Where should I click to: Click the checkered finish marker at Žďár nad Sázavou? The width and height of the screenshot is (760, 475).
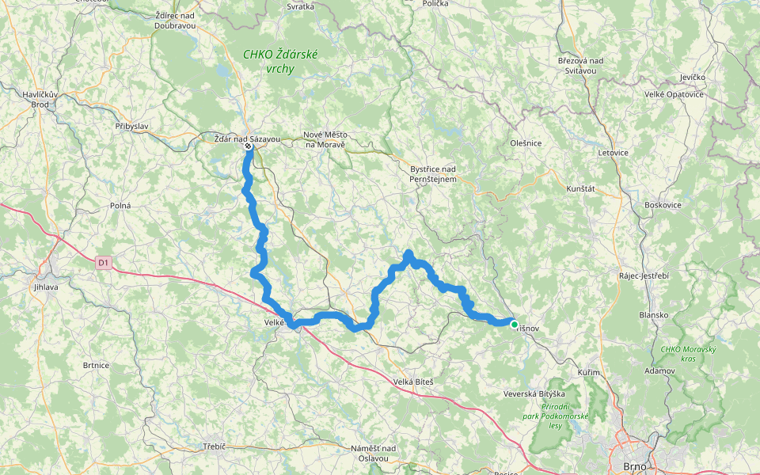(x=249, y=146)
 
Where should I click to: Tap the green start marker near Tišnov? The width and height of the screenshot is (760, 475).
(x=515, y=324)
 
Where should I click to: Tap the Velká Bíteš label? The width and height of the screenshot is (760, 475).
(x=414, y=382)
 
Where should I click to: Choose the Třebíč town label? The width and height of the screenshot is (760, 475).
(x=214, y=446)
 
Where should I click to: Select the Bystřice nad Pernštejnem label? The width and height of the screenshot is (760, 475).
(x=433, y=174)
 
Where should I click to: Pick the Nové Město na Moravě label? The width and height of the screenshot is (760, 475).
(x=325, y=139)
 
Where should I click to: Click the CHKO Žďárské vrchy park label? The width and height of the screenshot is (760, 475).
(x=268, y=62)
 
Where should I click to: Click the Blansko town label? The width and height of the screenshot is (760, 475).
(x=654, y=314)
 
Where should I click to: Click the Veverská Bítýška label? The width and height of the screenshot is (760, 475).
(x=534, y=393)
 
